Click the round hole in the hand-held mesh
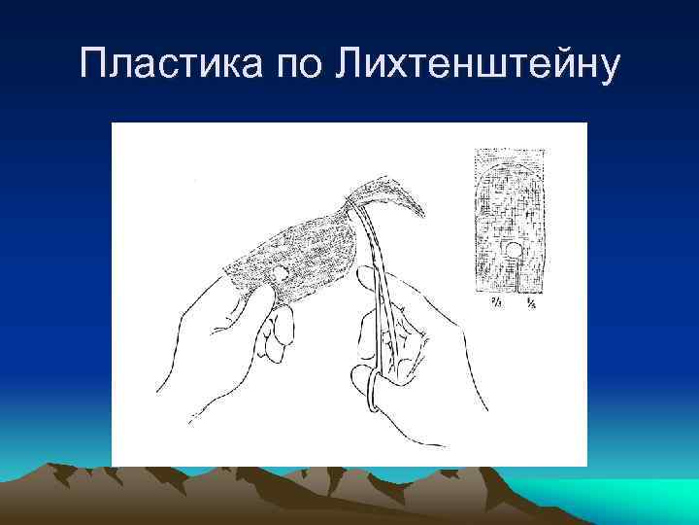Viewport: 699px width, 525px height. pyautogui.click(x=281, y=272)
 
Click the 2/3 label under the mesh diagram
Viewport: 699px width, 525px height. pyautogui.click(x=494, y=304)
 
